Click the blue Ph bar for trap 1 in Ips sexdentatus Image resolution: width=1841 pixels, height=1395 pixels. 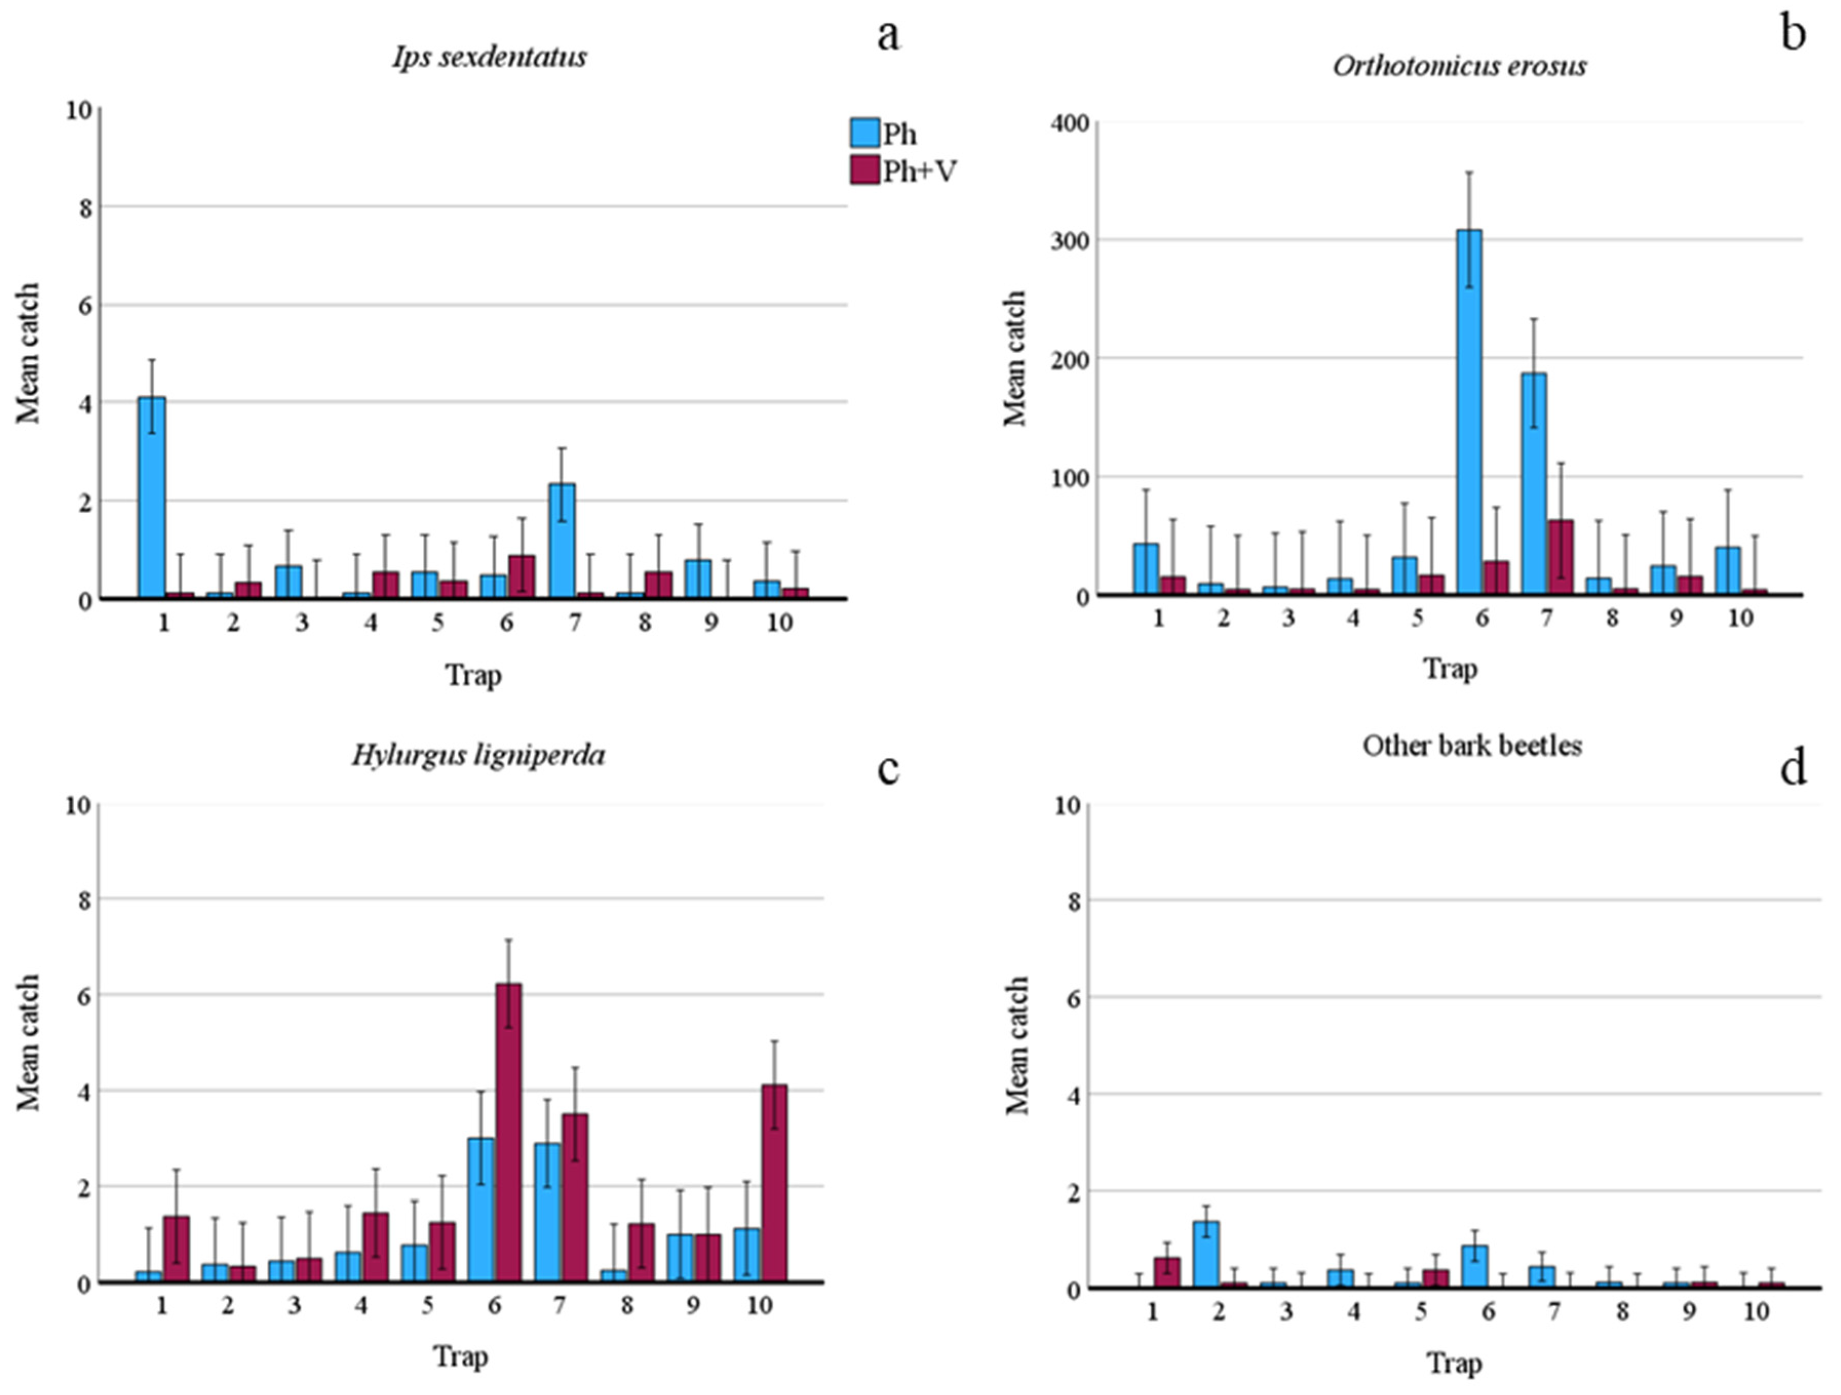[x=151, y=498]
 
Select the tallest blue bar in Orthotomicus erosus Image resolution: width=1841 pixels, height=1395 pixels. [x=1468, y=412]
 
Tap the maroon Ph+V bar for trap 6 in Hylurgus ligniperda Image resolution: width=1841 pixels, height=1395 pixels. [x=509, y=1133]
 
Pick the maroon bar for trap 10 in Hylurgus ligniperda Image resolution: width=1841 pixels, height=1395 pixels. [x=773, y=1183]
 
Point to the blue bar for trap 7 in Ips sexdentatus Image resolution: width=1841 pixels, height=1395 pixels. [x=562, y=541]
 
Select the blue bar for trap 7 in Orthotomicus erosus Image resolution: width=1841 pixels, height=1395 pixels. [x=1533, y=484]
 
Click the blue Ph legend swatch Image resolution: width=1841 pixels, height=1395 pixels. [x=865, y=133]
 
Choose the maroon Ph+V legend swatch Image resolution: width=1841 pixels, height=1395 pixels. [x=865, y=170]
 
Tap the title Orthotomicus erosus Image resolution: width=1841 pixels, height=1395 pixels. [x=1460, y=66]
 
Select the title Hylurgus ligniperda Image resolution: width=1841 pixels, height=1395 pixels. [x=478, y=755]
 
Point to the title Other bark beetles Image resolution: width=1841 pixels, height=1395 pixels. [x=1471, y=745]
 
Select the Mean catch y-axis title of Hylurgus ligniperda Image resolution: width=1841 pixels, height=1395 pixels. [x=29, y=1043]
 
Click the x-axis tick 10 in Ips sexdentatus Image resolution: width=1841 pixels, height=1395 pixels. [x=780, y=622]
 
